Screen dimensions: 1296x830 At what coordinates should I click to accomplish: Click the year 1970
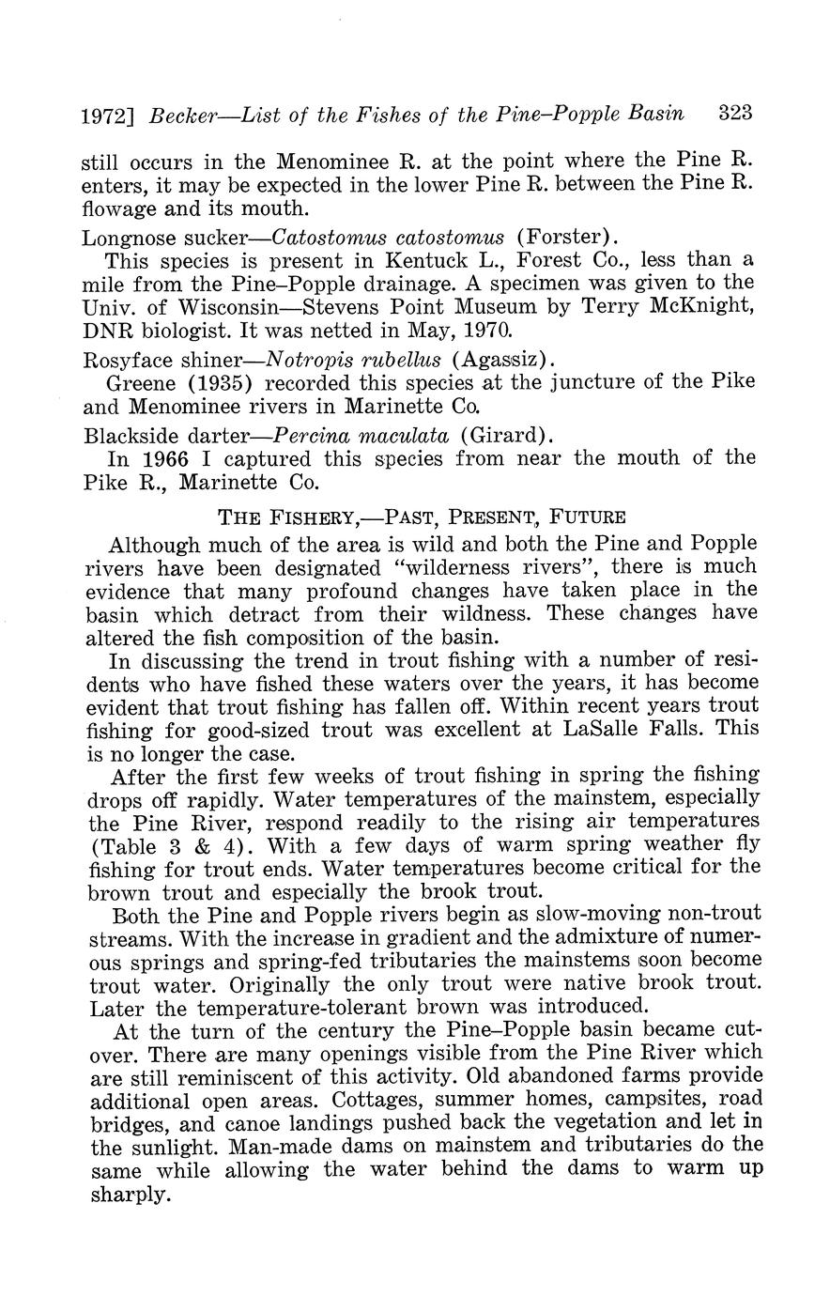pyautogui.click(x=484, y=331)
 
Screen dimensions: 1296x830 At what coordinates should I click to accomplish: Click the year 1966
pyautogui.click(x=165, y=458)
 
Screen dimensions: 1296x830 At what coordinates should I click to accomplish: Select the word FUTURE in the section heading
pyautogui.click(x=588, y=517)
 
